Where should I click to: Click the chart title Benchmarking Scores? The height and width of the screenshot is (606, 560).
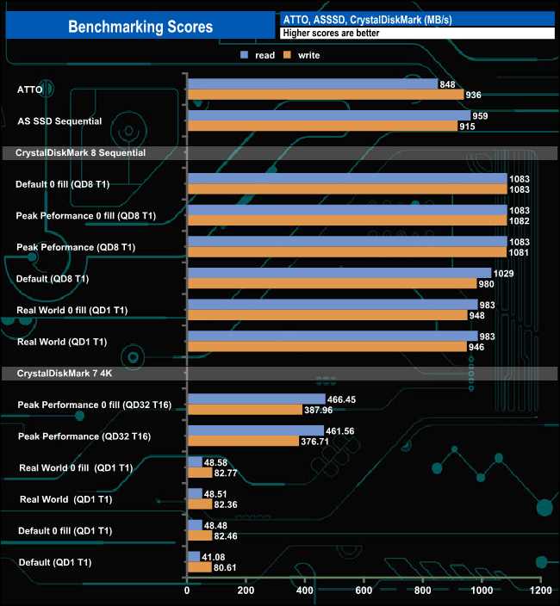[140, 27]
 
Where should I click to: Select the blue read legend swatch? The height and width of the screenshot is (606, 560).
[245, 55]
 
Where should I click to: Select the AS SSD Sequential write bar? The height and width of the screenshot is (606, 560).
[322, 127]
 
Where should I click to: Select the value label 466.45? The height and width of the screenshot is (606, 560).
[345, 399]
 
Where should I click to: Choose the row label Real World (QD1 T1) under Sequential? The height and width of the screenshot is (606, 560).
[62, 342]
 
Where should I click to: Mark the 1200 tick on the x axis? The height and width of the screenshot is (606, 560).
[540, 592]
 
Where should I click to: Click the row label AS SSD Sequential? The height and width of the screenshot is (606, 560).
[59, 121]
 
